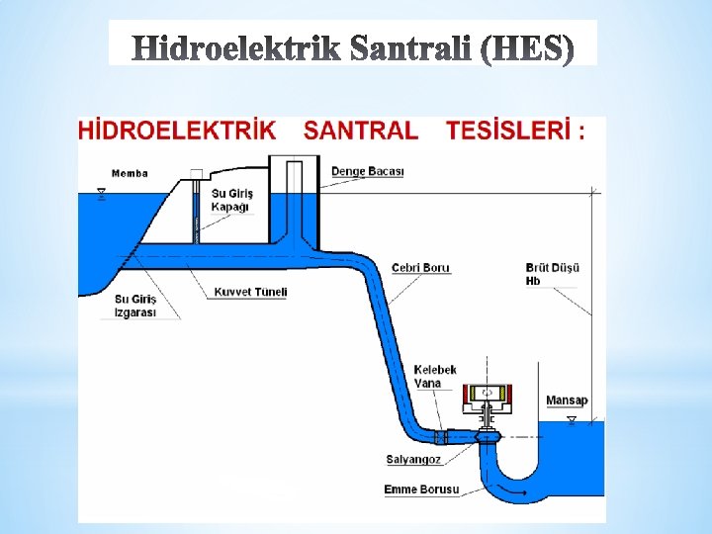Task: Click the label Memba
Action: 130,173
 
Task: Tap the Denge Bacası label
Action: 367,171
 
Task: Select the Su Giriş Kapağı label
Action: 232,200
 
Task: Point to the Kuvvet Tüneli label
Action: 250,292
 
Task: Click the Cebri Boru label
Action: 420,268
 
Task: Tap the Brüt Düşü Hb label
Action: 552,274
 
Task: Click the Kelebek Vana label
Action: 435,376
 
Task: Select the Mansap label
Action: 567,400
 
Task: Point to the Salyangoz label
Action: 413,459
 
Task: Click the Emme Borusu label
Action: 421,489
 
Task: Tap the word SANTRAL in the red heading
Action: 361,131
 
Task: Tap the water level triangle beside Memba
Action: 101,193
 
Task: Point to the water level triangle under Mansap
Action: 571,419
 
